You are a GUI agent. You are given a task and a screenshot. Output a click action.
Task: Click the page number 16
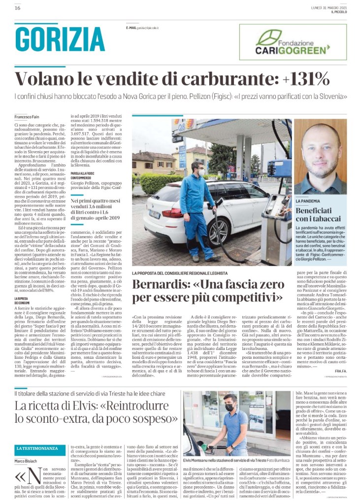click(17, 8)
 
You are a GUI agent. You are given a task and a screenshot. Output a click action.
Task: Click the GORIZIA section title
click(60, 38)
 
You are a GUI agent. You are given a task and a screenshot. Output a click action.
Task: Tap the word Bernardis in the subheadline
click(161, 284)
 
